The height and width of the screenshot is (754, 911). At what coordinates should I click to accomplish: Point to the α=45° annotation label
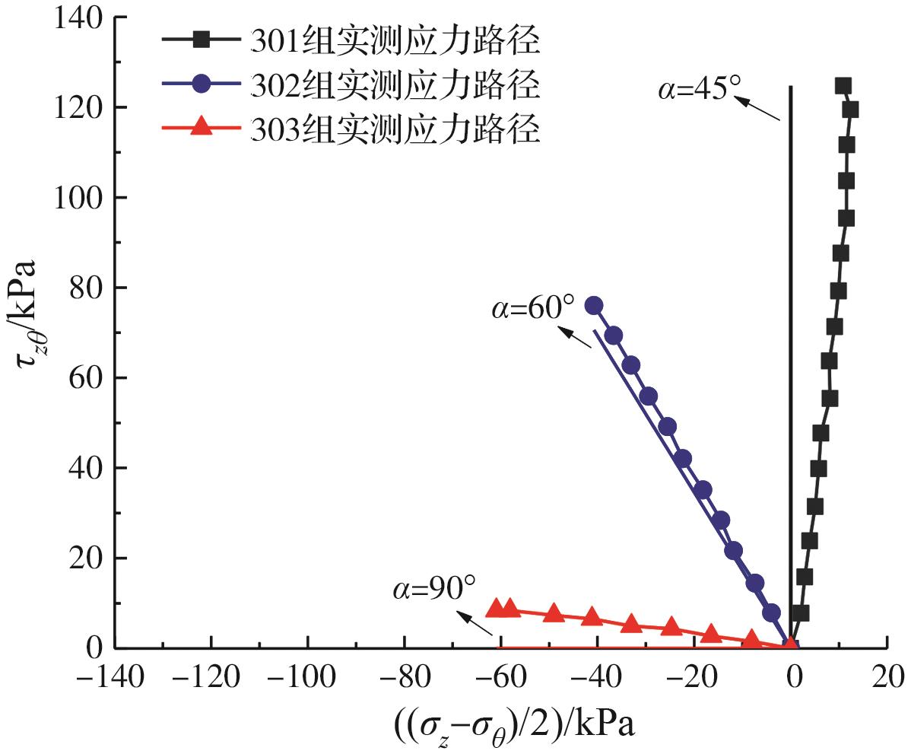tap(698, 88)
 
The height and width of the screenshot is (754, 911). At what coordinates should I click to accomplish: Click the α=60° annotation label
tap(534, 310)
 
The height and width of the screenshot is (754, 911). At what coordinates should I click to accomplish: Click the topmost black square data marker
tap(843, 86)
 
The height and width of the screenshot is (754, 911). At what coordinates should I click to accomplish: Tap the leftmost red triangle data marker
tap(497, 609)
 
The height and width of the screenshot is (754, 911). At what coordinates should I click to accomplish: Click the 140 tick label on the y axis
tap(80, 18)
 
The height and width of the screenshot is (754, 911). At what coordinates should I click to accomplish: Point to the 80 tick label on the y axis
tap(87, 288)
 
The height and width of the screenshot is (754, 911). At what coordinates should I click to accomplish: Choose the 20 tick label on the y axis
tap(87, 558)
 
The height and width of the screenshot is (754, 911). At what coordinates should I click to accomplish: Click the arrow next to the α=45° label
tap(761, 109)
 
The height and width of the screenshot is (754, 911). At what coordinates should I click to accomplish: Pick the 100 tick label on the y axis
tap(80, 199)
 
